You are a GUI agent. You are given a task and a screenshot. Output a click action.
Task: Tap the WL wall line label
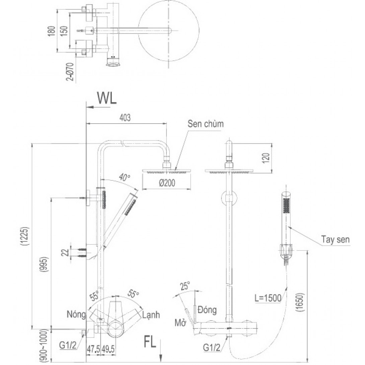pos(107,98)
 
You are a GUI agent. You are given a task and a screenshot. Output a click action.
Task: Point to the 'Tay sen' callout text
pos(335,239)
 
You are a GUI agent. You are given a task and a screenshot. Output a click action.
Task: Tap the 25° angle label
pos(184,286)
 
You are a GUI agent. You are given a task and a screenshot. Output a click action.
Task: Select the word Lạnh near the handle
pos(151,315)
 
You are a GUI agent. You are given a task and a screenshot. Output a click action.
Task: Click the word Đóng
pos(207,309)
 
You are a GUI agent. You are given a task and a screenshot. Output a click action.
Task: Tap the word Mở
pos(180,323)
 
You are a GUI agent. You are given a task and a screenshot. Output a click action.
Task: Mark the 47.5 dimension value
pos(93,349)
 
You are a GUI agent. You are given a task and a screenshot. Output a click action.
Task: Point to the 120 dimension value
pos(265,158)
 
